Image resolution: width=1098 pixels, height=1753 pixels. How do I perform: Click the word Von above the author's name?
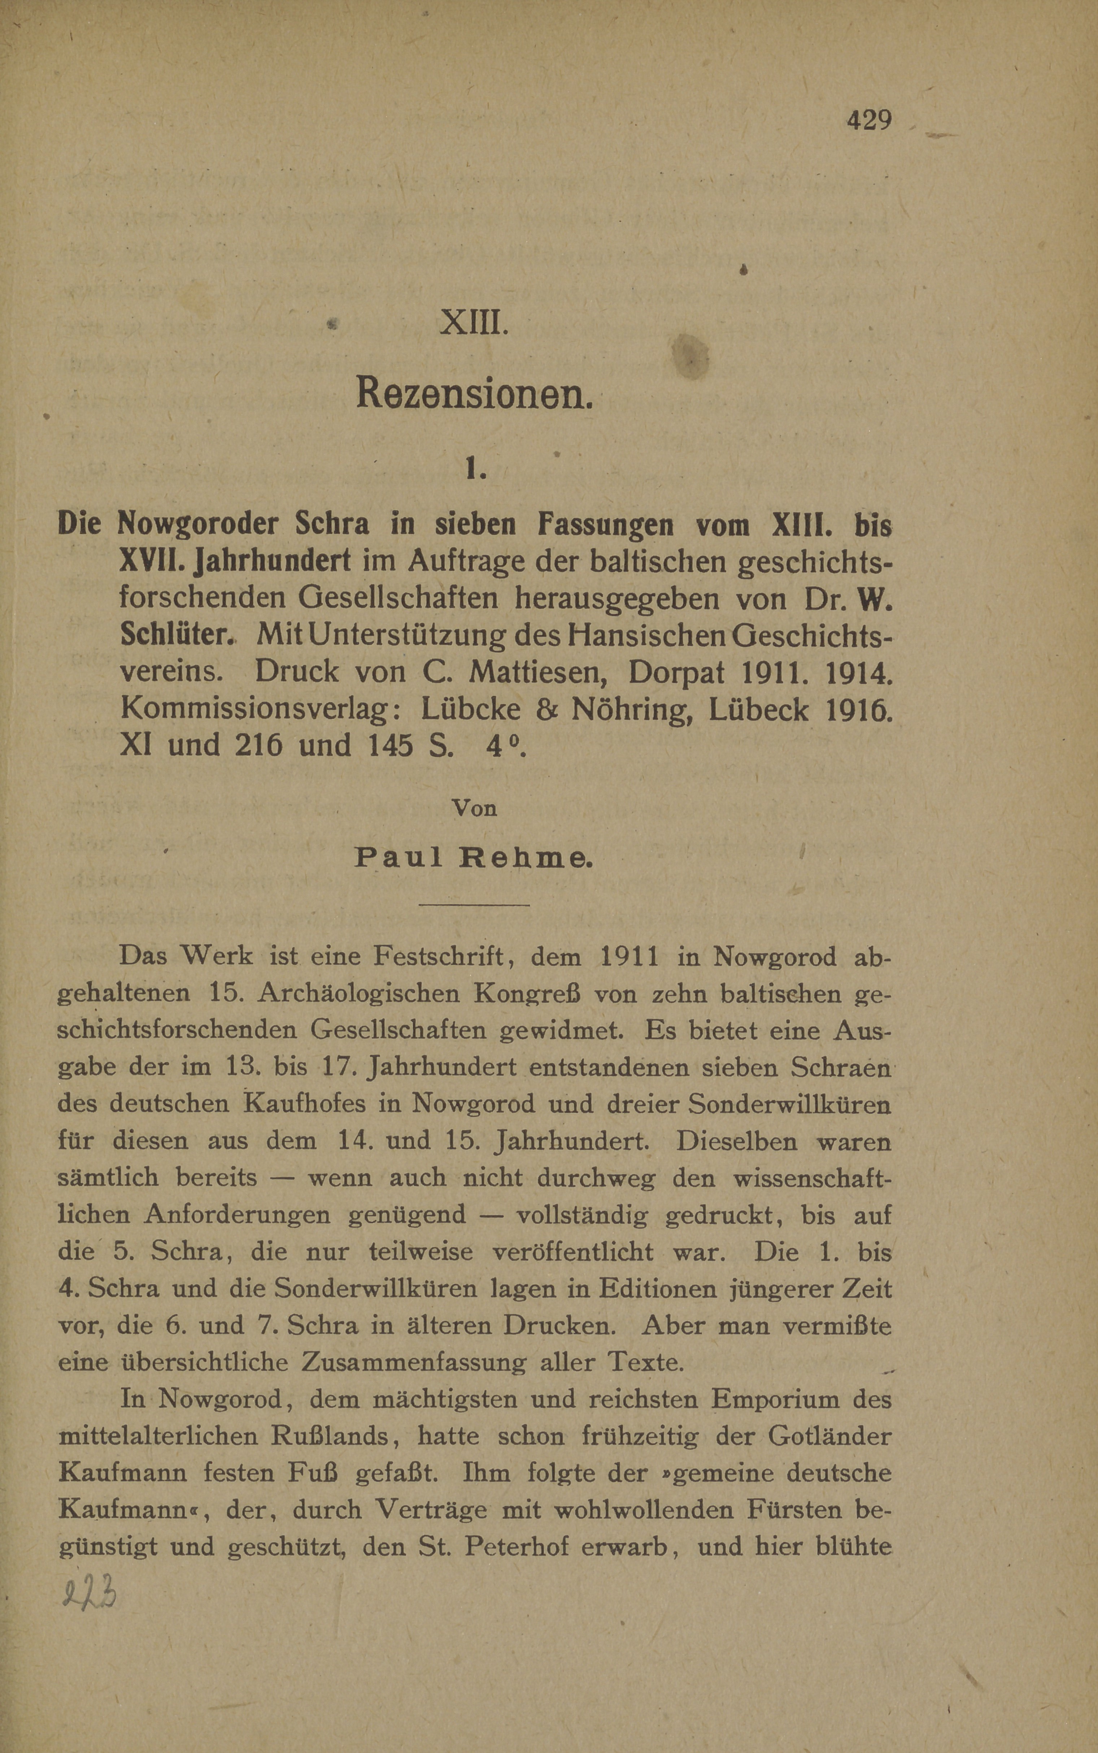click(474, 808)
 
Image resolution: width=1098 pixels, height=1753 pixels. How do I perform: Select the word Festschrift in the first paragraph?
click(439, 956)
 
